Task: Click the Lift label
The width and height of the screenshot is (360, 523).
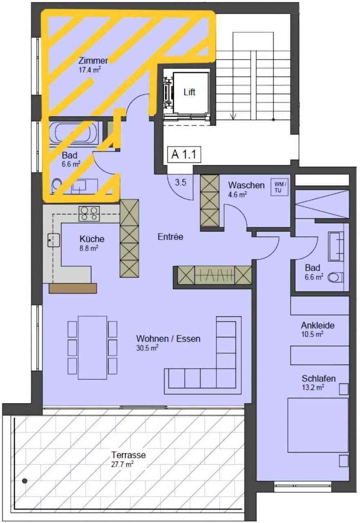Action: pyautogui.click(x=189, y=92)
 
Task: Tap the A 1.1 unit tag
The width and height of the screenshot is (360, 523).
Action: pyautogui.click(x=184, y=154)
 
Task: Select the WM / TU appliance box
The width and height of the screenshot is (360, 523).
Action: pyautogui.click(x=279, y=187)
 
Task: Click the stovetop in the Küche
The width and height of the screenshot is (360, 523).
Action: pyautogui.click(x=89, y=214)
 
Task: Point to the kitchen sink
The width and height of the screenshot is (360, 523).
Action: pyautogui.click(x=54, y=240)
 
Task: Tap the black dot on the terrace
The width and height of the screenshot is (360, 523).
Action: pyautogui.click(x=25, y=481)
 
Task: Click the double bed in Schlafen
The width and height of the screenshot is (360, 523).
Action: pyautogui.click(x=318, y=425)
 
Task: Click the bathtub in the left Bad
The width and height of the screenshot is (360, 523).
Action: pyautogui.click(x=74, y=133)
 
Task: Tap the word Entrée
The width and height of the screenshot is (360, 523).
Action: pyautogui.click(x=170, y=237)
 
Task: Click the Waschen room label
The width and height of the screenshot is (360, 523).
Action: pyautogui.click(x=246, y=185)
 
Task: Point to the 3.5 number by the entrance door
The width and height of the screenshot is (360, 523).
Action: pyautogui.click(x=181, y=182)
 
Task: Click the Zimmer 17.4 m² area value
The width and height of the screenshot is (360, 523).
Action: pyautogui.click(x=89, y=70)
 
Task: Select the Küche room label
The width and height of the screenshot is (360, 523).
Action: pyautogui.click(x=92, y=239)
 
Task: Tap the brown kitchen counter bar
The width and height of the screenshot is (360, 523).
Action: pyautogui.click(x=73, y=288)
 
